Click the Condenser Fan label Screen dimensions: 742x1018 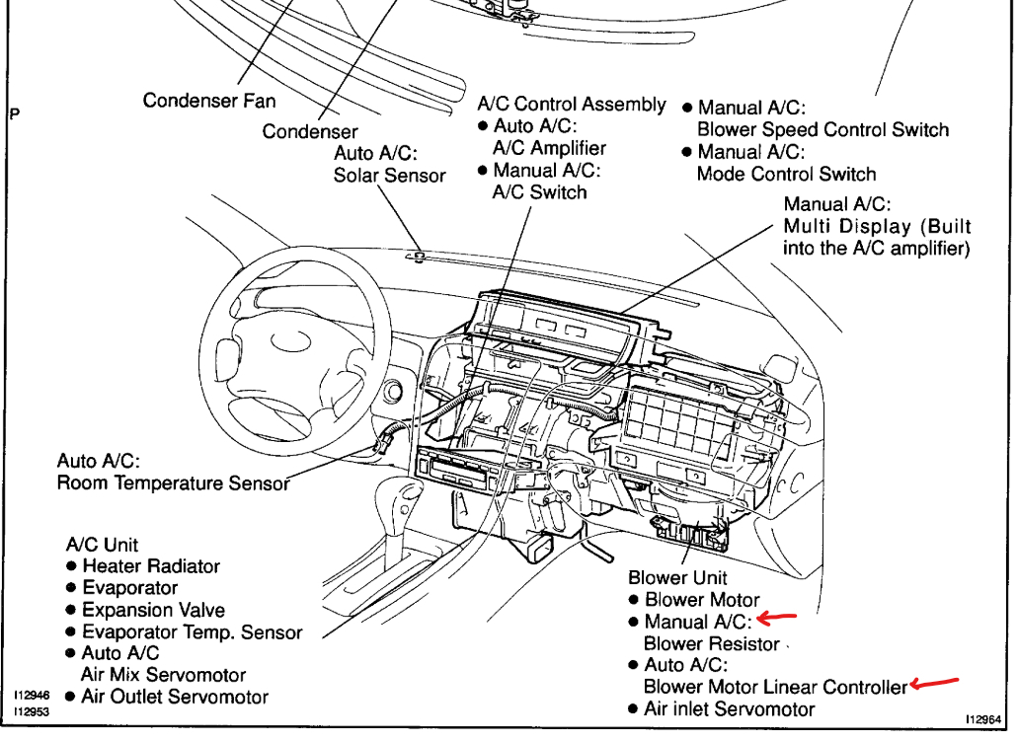coord(209,101)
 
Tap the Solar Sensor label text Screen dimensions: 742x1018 coord(389,176)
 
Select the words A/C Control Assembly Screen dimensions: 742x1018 coord(572,105)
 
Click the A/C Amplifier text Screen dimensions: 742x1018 coord(549,148)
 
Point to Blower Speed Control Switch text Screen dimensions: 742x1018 coord(822,130)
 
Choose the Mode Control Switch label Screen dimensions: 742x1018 coord(786,175)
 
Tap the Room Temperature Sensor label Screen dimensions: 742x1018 coord(173,483)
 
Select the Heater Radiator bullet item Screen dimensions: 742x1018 coord(150,566)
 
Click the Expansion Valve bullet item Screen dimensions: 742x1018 coord(153,610)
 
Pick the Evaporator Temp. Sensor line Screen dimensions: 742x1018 coord(192,632)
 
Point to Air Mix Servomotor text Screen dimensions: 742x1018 coord(163,675)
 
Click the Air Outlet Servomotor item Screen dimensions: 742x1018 coord(175,697)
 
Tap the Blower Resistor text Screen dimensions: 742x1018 coord(712,643)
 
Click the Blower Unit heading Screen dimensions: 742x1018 coord(677,578)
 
